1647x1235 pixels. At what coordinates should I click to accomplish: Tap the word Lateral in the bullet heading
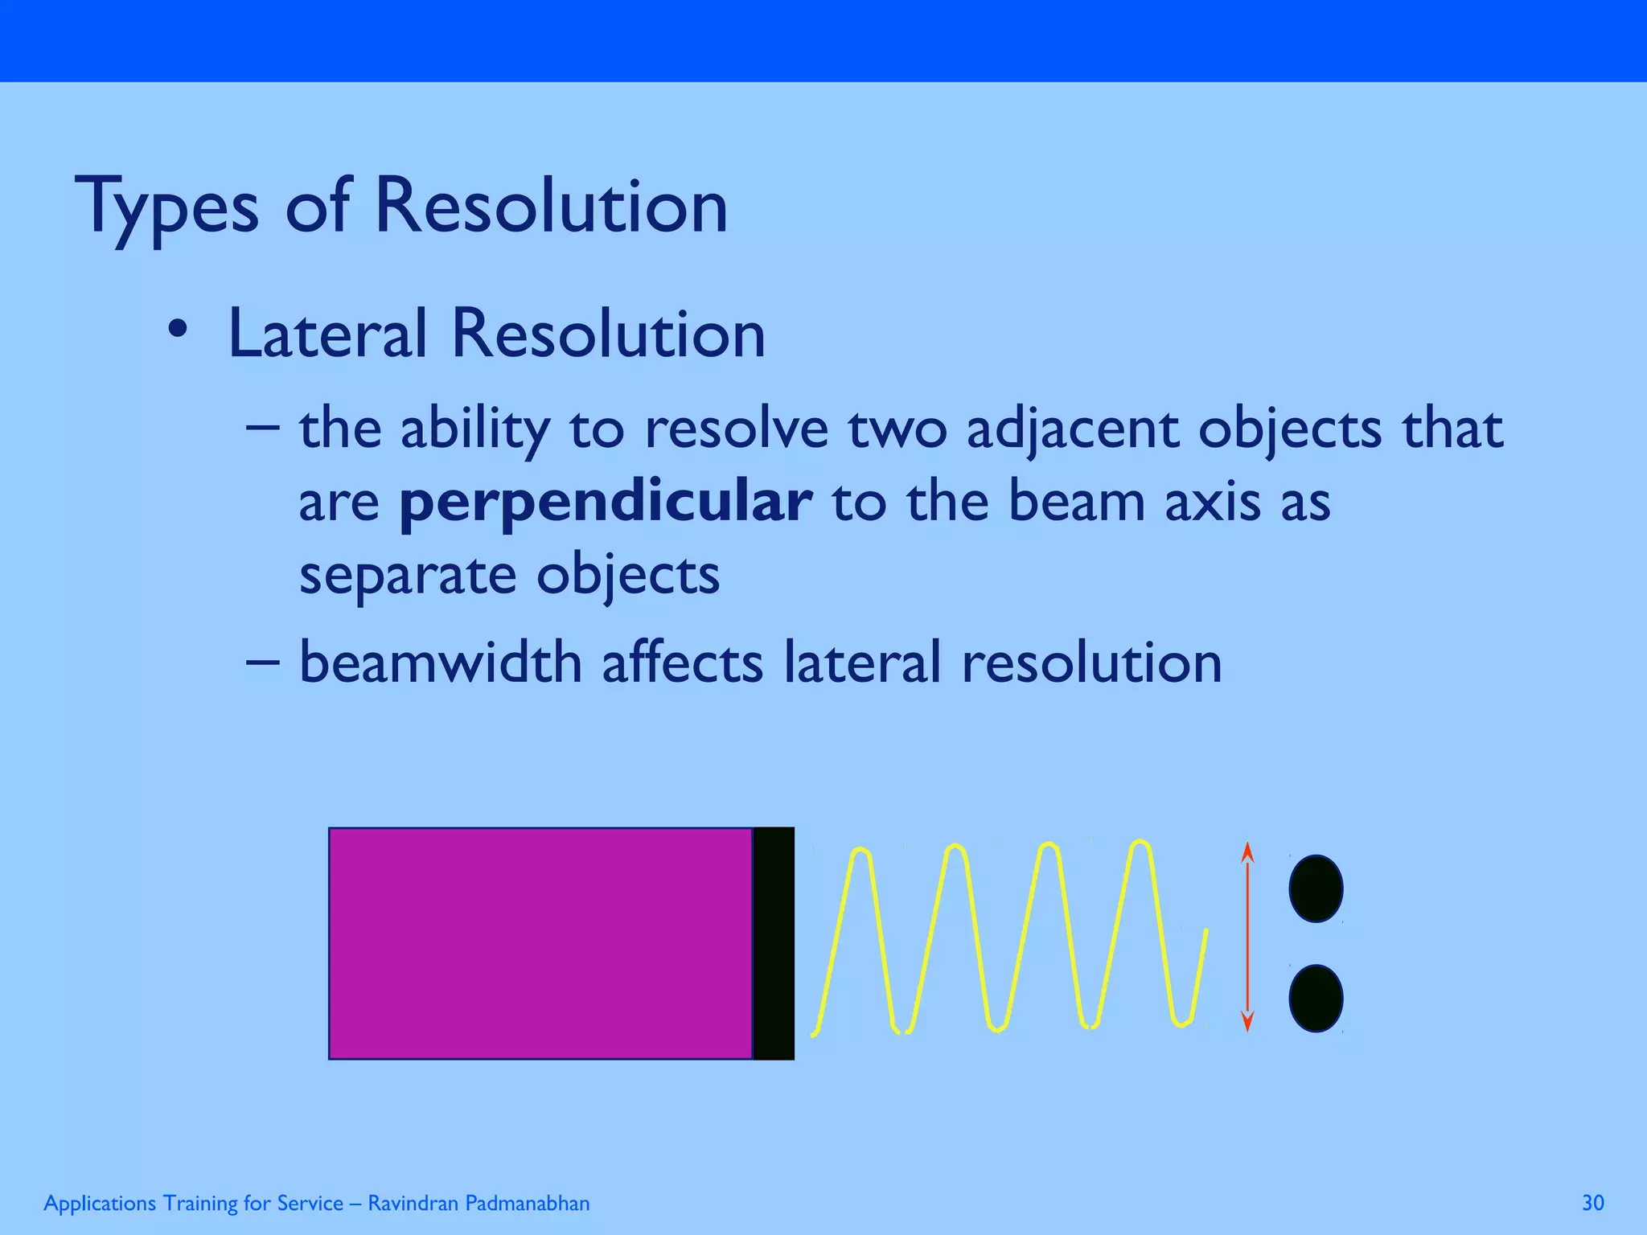(x=327, y=334)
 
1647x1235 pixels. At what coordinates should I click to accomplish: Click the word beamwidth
(x=440, y=663)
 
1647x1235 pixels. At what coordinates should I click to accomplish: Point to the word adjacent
(x=1072, y=429)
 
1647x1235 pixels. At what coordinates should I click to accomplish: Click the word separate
(x=407, y=576)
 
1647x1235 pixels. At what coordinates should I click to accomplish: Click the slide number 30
(x=1592, y=1203)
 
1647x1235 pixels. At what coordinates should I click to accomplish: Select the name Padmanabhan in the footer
(x=527, y=1204)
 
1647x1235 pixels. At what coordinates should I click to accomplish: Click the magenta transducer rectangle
(x=540, y=943)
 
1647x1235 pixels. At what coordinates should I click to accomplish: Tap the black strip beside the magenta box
(x=774, y=943)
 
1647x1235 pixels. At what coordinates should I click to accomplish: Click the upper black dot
(x=1316, y=888)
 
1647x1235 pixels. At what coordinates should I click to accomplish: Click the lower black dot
(x=1316, y=999)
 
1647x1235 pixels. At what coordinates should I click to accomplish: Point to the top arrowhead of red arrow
(x=1247, y=851)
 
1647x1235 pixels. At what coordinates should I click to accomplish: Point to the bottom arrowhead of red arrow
(x=1247, y=1023)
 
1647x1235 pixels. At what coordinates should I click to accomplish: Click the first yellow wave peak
(x=860, y=851)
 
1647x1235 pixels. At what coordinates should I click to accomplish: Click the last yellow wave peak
(x=1140, y=843)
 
